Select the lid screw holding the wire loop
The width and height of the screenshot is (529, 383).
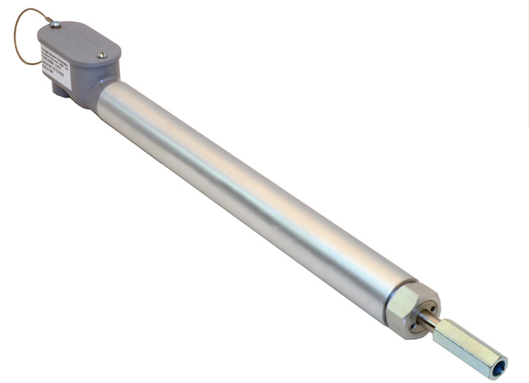[56, 25]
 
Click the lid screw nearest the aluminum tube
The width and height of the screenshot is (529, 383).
[102, 55]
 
